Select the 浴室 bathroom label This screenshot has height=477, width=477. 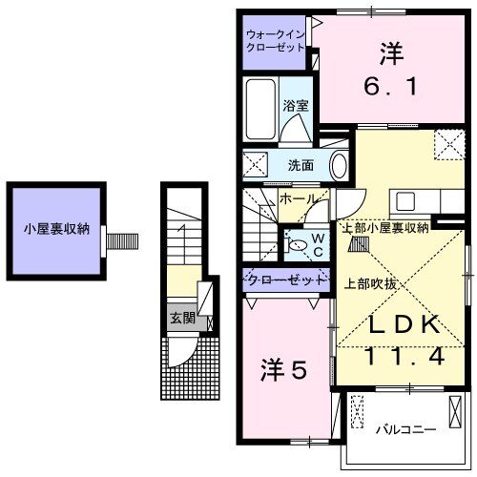pyautogui.click(x=296, y=107)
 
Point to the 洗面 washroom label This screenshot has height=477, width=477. pyautogui.click(x=301, y=165)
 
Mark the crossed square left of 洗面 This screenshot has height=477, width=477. pyautogui.click(x=254, y=164)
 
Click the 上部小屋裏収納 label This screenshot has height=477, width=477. pyautogui.click(x=384, y=227)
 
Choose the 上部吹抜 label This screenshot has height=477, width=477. pyautogui.click(x=371, y=283)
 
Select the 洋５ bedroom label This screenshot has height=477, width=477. pyautogui.click(x=283, y=369)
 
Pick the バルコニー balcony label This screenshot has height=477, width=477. pyautogui.click(x=401, y=428)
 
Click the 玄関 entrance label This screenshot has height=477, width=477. pyautogui.click(x=180, y=318)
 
